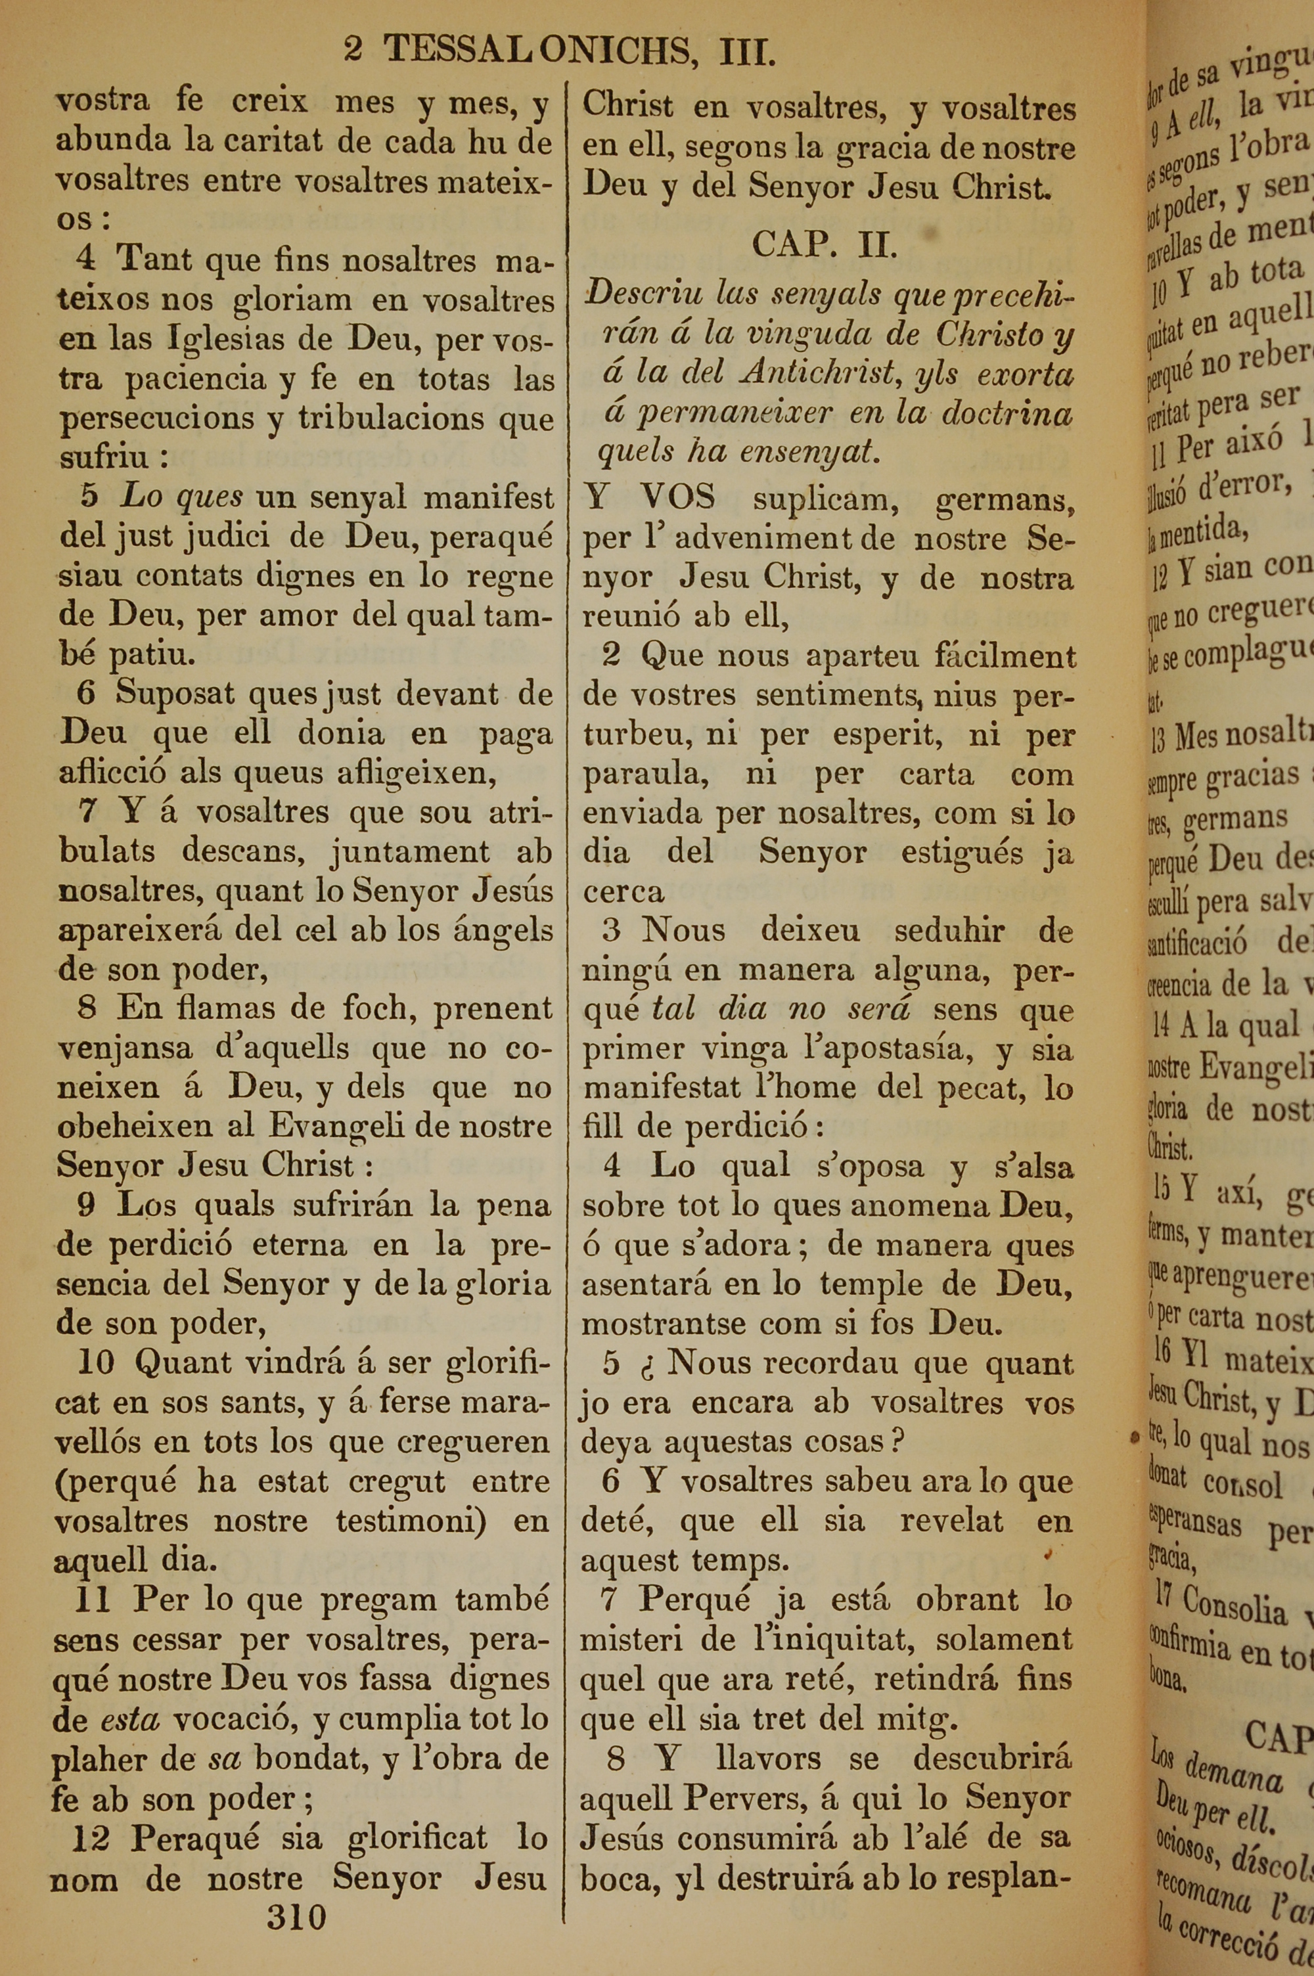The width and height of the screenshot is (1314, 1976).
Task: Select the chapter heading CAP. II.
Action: pyautogui.click(x=825, y=246)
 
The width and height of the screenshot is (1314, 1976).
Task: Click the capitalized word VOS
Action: pyautogui.click(x=677, y=497)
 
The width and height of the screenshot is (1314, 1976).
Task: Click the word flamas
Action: pyautogui.click(x=222, y=1008)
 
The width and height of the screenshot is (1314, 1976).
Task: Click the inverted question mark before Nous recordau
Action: pyautogui.click(x=648, y=1364)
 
